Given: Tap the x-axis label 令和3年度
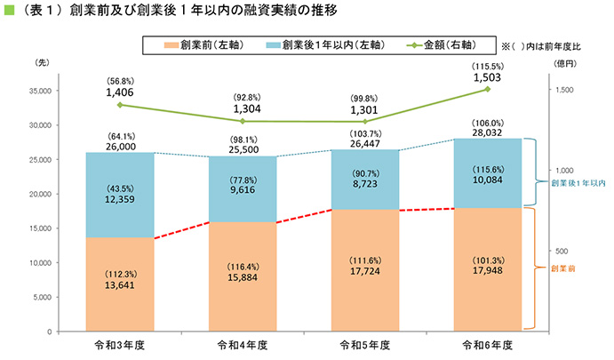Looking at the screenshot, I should [x=119, y=344].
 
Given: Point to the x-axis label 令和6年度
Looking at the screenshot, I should [x=488, y=344].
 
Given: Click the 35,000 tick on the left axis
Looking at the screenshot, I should [x=38, y=91].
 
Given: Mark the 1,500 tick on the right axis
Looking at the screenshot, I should [x=566, y=91].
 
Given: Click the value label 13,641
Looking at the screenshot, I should [x=119, y=285].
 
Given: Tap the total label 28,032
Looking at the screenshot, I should [x=488, y=132].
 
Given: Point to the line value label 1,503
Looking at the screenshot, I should [x=488, y=77].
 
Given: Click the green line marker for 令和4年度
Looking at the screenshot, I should [x=242, y=121].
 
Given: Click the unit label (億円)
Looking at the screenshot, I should [x=564, y=63].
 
